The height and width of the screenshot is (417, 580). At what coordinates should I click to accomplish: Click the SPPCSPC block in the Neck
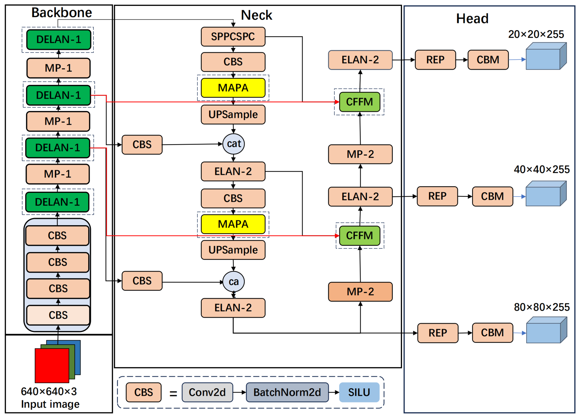tap(233, 37)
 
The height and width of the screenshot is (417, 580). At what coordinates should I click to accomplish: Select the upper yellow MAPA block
tap(233, 88)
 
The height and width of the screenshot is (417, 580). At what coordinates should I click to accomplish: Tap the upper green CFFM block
tap(360, 102)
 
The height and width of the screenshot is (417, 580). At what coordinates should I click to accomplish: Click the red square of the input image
tap(52, 365)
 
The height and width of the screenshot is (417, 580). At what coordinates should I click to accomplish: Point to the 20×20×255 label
tap(536, 34)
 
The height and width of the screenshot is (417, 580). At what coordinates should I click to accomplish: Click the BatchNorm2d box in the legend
tap(287, 392)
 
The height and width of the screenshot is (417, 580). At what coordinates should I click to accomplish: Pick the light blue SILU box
tap(359, 392)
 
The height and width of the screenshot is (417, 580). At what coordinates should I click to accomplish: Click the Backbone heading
tap(62, 13)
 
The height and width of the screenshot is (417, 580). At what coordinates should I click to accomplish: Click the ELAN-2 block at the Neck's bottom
tap(233, 308)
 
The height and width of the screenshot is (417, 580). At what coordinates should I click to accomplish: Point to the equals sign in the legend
tap(173, 393)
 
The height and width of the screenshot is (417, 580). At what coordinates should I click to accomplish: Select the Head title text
tap(472, 19)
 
